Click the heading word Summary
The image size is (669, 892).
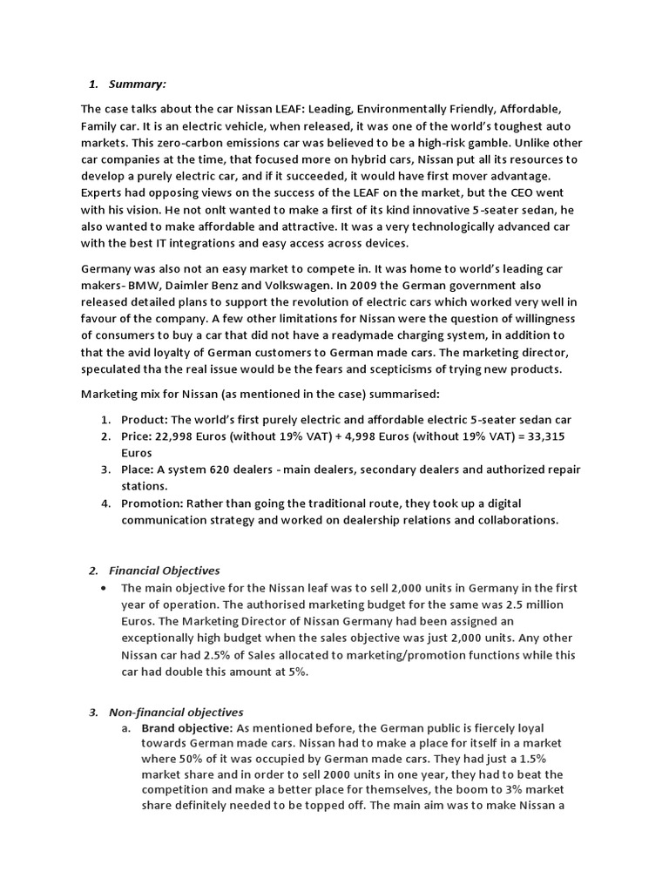pyautogui.click(x=137, y=84)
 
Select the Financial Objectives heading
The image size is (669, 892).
pyautogui.click(x=165, y=571)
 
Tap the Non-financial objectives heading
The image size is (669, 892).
pyautogui.click(x=176, y=712)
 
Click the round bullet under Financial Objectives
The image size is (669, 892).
pyautogui.click(x=104, y=588)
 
